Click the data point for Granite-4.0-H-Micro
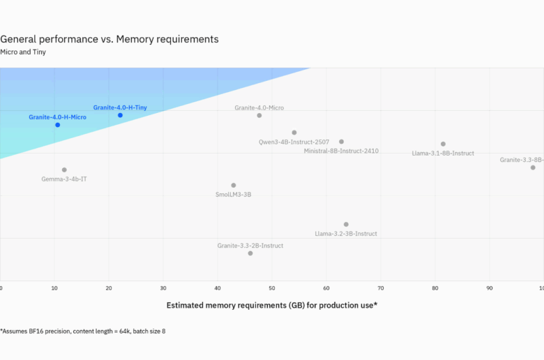(58, 125)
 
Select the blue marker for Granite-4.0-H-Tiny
(120, 115)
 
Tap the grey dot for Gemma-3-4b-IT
(64, 170)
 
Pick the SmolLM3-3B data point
(234, 186)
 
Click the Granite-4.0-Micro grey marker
(259, 116)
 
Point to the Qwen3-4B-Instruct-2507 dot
(294, 133)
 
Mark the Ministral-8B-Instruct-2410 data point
(341, 142)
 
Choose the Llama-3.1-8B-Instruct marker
(443, 144)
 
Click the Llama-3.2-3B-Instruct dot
(346, 225)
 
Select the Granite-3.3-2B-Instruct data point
(250, 253)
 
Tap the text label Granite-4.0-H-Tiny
(120, 107)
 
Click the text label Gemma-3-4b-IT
(64, 179)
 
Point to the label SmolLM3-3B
(233, 195)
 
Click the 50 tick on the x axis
(272, 287)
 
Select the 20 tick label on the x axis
(109, 287)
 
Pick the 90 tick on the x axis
(490, 287)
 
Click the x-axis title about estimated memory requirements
(272, 306)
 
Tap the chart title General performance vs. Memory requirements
(109, 39)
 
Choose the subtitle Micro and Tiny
(24, 52)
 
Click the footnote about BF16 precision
(83, 331)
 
